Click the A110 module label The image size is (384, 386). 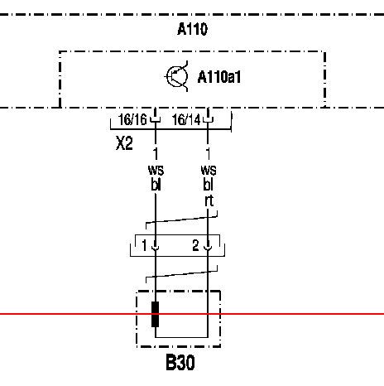click(x=192, y=29)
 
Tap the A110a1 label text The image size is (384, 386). click(x=219, y=77)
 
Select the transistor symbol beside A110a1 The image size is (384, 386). click(x=177, y=76)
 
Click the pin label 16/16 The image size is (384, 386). click(x=132, y=119)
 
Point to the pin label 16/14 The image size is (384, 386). click(x=186, y=119)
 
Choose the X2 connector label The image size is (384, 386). click(x=124, y=143)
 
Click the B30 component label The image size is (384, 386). click(x=180, y=362)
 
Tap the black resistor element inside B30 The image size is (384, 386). click(x=156, y=314)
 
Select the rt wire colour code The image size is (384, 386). click(x=209, y=200)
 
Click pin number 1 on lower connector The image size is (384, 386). click(x=144, y=245)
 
